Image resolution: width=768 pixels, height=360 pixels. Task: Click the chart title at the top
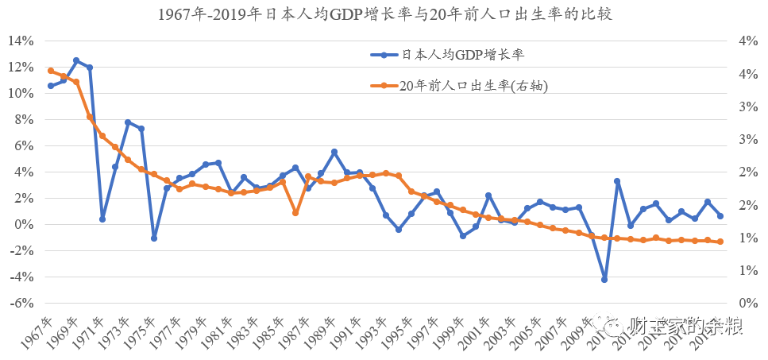click(x=384, y=14)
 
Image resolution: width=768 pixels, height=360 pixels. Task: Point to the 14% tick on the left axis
click(x=21, y=41)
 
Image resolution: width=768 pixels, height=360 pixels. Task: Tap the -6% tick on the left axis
click(x=21, y=304)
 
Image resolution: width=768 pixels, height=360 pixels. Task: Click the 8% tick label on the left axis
click(x=24, y=120)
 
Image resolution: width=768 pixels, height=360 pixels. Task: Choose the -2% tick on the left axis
click(x=21, y=251)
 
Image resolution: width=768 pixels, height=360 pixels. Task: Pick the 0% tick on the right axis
click(x=750, y=304)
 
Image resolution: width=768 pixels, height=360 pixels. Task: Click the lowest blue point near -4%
click(x=604, y=280)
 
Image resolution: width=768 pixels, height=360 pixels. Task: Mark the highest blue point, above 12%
click(x=76, y=60)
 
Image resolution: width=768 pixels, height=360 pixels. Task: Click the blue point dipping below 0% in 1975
click(x=154, y=238)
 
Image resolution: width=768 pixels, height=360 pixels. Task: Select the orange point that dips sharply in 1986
click(x=295, y=213)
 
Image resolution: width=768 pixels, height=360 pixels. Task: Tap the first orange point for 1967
click(x=50, y=71)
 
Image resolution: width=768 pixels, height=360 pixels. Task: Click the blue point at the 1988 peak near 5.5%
click(x=334, y=152)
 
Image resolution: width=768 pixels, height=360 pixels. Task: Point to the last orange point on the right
click(x=720, y=242)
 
